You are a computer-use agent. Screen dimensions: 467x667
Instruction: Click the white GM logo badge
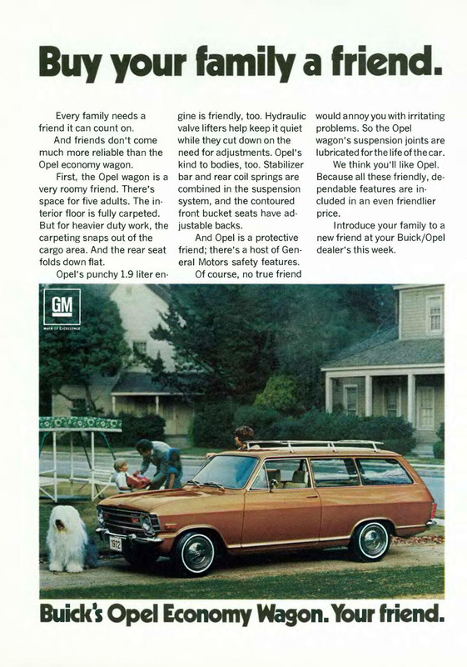tap(62, 308)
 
